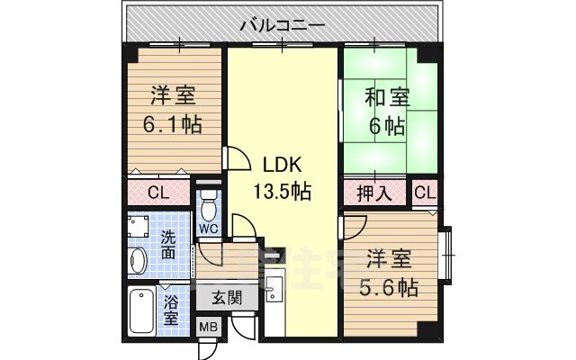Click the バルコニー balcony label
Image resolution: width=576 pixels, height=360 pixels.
[283, 24]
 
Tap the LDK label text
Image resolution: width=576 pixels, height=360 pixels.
[282, 166]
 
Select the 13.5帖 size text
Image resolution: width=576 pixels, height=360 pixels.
[282, 191]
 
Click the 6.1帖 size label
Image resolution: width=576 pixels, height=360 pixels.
[173, 123]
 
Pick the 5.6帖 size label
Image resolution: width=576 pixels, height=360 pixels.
[391, 287]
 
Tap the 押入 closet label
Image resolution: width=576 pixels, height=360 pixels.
[375, 193]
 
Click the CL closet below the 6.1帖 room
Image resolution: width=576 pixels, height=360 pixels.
[158, 192]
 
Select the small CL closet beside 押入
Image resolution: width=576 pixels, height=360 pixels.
[424, 193]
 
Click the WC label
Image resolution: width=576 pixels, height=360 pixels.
[209, 229]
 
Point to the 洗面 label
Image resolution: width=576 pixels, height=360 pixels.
[170, 246]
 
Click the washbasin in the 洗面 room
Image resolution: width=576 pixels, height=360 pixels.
[138, 261]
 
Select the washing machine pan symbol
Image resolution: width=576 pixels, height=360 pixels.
[139, 223]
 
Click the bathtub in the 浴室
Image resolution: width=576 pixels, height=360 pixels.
[141, 312]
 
